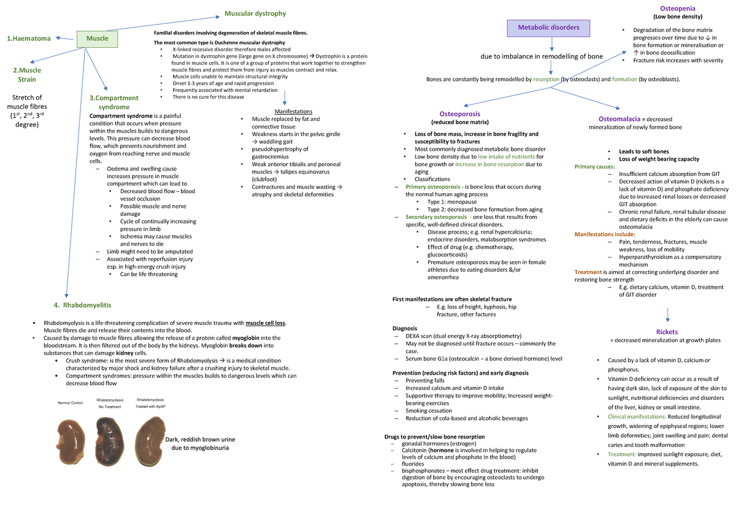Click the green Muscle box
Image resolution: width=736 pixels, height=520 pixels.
97,39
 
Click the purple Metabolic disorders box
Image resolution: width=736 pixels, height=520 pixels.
548,28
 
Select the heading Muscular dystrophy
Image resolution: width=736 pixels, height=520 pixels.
255,13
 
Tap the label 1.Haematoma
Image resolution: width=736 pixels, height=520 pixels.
29,39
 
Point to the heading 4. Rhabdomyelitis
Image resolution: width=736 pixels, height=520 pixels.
82,305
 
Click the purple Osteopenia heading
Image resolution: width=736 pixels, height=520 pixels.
677,8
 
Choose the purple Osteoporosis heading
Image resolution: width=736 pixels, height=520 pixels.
459,114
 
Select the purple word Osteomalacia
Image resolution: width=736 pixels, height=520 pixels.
619,119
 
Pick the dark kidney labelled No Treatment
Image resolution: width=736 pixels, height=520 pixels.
111,435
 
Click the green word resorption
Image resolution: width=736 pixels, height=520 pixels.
546,80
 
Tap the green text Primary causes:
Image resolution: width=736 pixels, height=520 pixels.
595,167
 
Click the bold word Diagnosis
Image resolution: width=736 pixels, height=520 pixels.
404,328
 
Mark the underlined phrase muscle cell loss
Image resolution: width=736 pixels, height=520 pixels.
265,323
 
